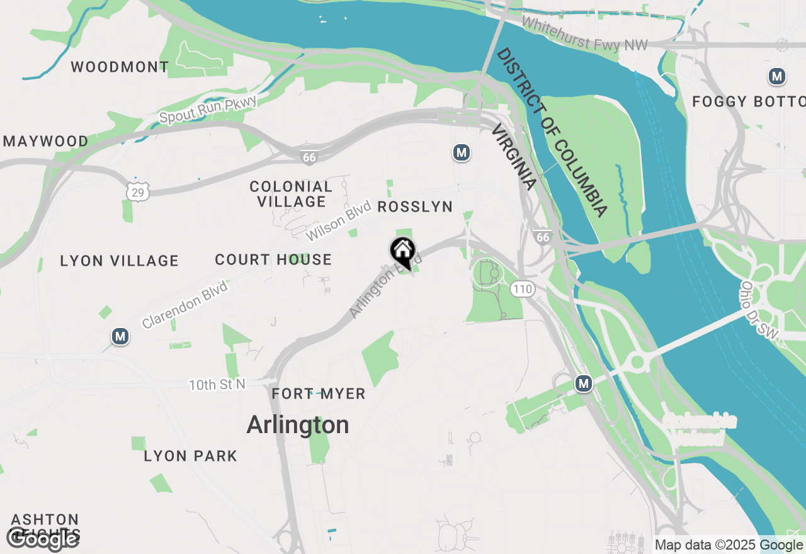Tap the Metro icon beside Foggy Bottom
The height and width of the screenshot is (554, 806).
pyautogui.click(x=777, y=77)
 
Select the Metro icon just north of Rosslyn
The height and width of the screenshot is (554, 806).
pyautogui.click(x=462, y=152)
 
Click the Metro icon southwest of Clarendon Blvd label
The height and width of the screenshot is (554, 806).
pyautogui.click(x=120, y=336)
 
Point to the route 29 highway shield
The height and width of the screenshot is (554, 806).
pyautogui.click(x=137, y=192)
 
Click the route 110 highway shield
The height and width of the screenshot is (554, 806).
pyautogui.click(x=523, y=290)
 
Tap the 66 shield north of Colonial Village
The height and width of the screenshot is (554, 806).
pyautogui.click(x=309, y=157)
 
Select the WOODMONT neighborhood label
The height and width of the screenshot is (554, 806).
pyautogui.click(x=120, y=67)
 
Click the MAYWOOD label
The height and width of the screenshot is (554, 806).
pyautogui.click(x=45, y=141)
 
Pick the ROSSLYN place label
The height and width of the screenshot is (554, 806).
pyautogui.click(x=415, y=207)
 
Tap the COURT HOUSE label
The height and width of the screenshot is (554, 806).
pyautogui.click(x=273, y=259)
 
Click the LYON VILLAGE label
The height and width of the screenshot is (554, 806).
pyautogui.click(x=120, y=261)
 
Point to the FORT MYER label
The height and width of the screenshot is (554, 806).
pyautogui.click(x=319, y=394)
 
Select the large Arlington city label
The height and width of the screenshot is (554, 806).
pyautogui.click(x=298, y=425)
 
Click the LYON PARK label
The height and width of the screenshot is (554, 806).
pyautogui.click(x=190, y=456)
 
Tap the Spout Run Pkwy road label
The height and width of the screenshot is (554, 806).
pyautogui.click(x=208, y=110)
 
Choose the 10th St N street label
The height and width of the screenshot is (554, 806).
pyautogui.click(x=217, y=384)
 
